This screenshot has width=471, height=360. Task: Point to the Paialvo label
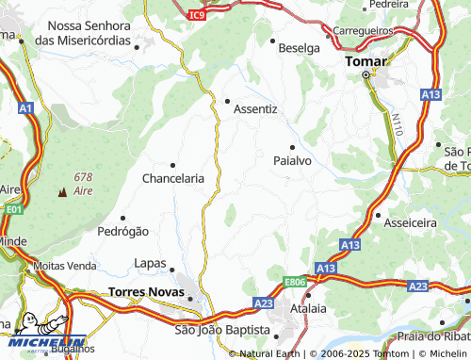coord(292,161)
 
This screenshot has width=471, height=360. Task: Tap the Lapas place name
coord(150,263)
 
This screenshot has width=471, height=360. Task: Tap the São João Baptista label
coord(222,330)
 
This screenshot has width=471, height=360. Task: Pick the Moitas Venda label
coord(65,266)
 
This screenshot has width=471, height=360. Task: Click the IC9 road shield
coord(196,15)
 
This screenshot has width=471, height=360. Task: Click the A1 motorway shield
coord(25,109)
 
